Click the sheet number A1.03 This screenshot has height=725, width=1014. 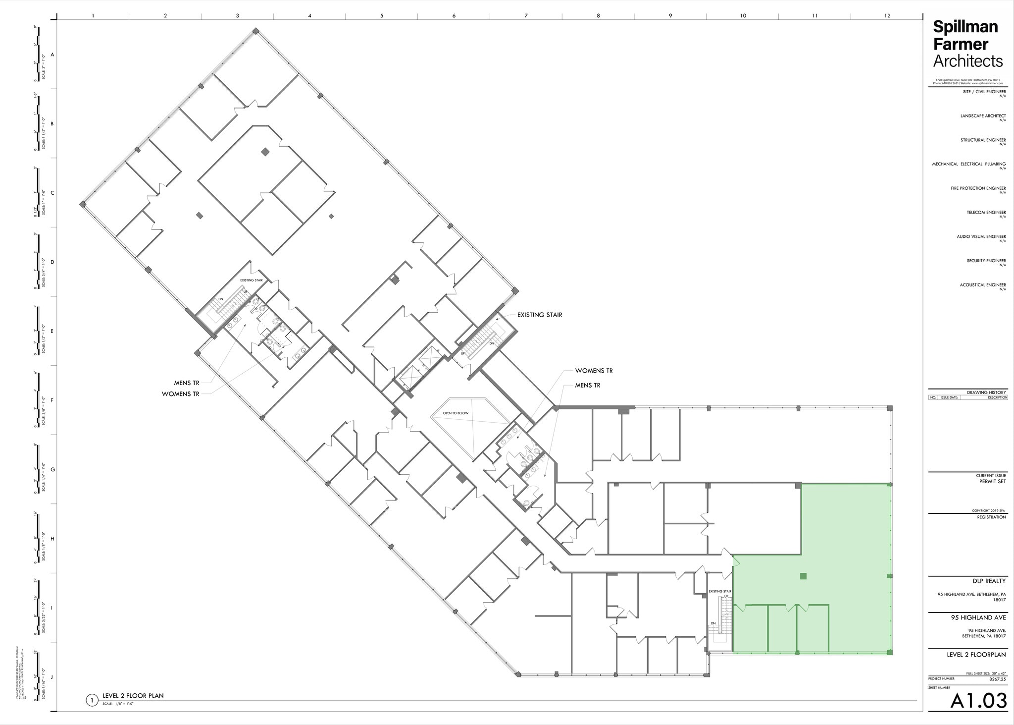(978, 701)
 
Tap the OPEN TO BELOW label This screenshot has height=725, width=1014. (456, 413)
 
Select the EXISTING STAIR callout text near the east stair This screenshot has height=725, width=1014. (539, 315)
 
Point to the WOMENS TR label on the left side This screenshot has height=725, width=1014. (180, 394)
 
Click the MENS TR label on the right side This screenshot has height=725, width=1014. (587, 385)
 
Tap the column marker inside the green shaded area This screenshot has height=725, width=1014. (803, 576)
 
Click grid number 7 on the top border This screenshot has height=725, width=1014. (526, 16)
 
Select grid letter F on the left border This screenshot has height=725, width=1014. (52, 400)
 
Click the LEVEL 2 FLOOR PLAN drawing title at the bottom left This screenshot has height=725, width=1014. (133, 696)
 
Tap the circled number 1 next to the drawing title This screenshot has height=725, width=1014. (91, 700)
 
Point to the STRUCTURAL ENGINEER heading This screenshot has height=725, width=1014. (983, 140)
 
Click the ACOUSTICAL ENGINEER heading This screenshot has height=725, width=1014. (982, 285)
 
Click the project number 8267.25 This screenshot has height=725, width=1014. (997, 678)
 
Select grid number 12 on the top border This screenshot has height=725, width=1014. (887, 16)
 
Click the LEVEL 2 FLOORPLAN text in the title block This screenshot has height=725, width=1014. (976, 655)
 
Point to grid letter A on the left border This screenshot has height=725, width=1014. (52, 55)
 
